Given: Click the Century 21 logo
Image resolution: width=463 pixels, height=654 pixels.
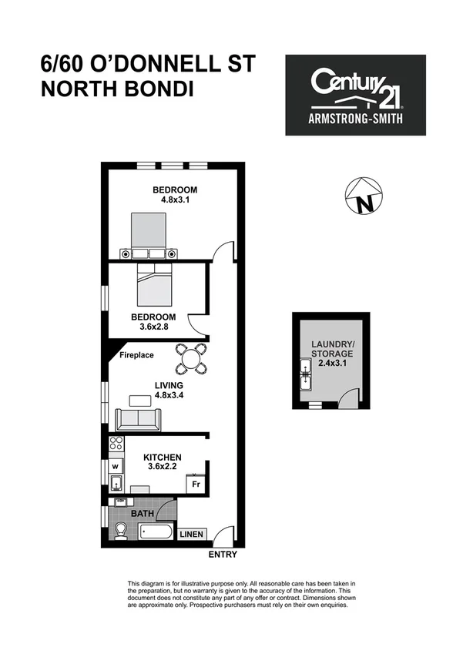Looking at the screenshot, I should tap(355, 95).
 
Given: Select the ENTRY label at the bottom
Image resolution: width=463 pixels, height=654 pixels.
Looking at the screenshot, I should tap(223, 554).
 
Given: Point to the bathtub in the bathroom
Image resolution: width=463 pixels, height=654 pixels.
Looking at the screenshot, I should tap(157, 531).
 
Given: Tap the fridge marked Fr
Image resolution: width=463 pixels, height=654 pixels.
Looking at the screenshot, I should tap(196, 485).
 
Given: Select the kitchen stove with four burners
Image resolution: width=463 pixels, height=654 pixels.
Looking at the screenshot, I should tap(116, 444).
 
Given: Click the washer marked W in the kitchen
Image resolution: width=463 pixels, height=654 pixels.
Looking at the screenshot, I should tap(115, 466).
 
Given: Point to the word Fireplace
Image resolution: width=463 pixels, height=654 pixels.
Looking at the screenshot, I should tap(136, 355).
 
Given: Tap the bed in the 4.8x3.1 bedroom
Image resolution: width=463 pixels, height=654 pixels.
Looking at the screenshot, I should tap(149, 234).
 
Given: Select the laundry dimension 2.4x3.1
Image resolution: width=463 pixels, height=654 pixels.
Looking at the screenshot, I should tap(331, 364).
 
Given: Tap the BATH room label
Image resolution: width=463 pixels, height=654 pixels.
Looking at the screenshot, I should tap(142, 512).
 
